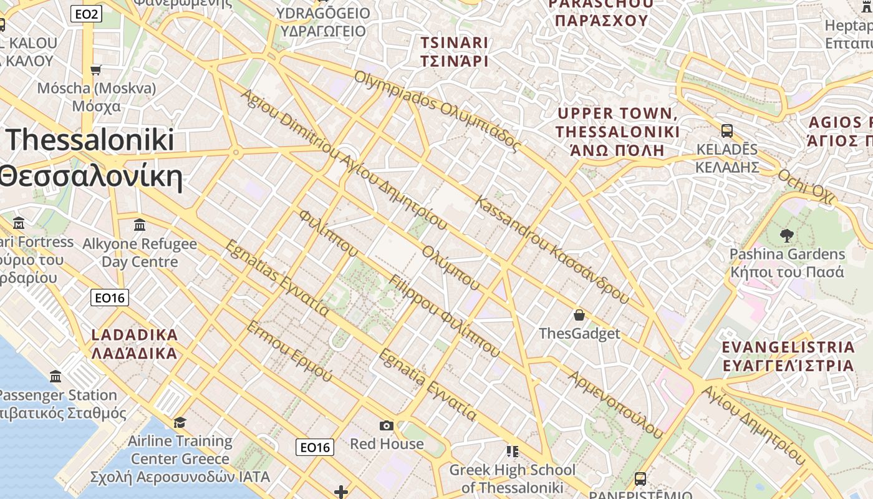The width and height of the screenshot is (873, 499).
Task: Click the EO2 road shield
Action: click(x=85, y=14)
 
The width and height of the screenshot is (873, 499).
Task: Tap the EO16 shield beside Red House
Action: click(x=314, y=447)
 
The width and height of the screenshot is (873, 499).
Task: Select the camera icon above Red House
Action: click(x=387, y=425)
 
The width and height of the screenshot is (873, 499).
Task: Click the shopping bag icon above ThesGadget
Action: click(x=579, y=315)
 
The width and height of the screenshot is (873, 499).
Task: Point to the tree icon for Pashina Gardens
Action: click(x=786, y=236)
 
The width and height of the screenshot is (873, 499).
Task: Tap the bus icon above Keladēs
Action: click(x=726, y=131)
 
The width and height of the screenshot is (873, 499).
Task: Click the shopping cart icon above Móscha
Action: click(x=96, y=70)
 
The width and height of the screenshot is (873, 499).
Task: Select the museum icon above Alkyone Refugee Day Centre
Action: click(x=140, y=225)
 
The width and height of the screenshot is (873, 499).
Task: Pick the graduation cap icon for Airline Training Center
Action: click(x=180, y=422)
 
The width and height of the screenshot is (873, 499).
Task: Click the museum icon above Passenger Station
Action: click(x=55, y=376)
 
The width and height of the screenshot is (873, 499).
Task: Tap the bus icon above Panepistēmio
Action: click(x=640, y=479)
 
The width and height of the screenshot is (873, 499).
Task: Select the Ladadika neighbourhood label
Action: click(x=135, y=344)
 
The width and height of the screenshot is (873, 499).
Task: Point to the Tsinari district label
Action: click(x=454, y=52)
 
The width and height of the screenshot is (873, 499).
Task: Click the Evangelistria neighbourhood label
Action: click(x=788, y=356)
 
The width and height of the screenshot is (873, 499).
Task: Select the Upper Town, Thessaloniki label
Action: click(x=617, y=132)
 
